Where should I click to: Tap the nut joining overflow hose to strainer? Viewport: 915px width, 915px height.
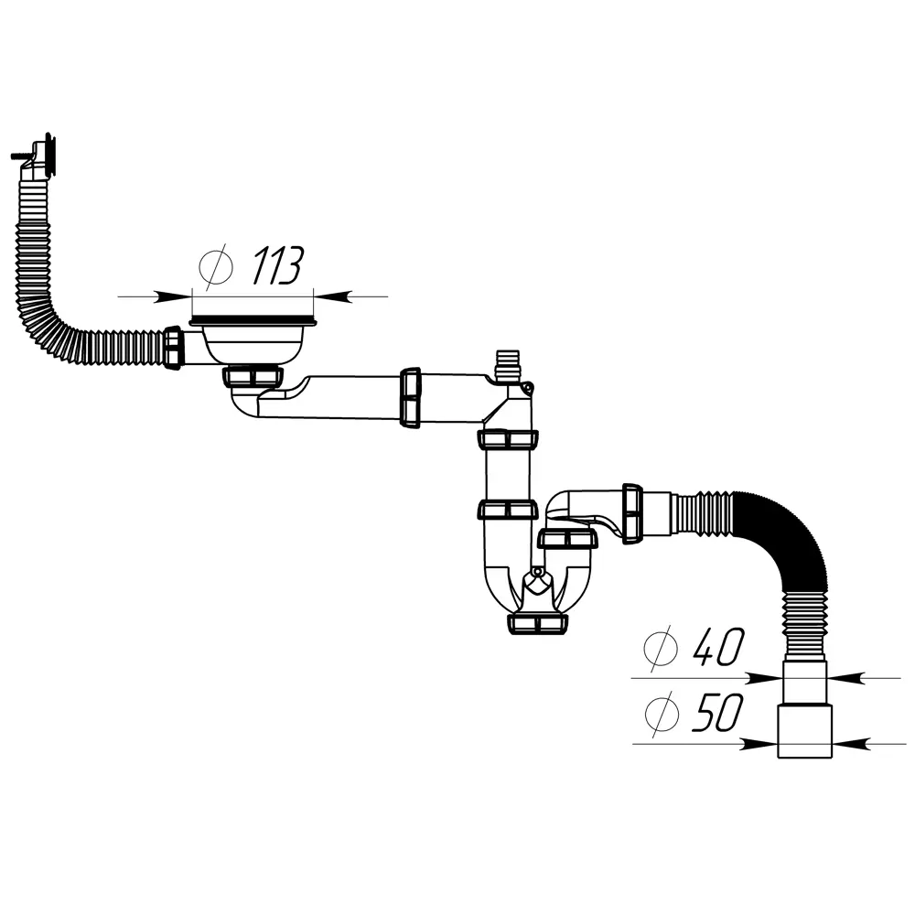[175, 348]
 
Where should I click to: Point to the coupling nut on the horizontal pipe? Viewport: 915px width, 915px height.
[411, 397]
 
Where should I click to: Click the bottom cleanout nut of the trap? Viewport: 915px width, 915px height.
[536, 623]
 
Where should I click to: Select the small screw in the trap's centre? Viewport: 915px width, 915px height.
[537, 574]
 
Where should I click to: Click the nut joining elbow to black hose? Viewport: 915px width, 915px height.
[631, 514]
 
